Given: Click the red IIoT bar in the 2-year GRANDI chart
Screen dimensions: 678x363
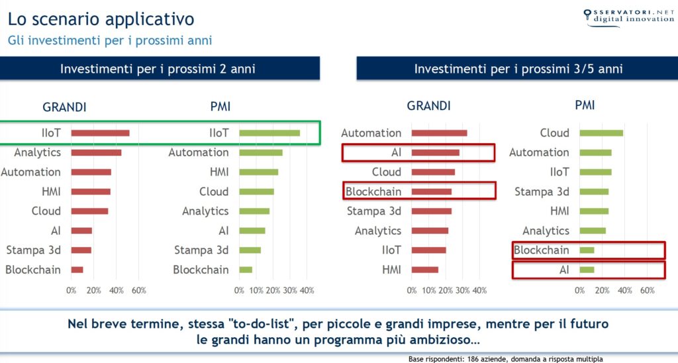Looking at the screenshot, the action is (x=101, y=133).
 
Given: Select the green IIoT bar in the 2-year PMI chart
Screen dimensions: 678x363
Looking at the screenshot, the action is (x=269, y=133).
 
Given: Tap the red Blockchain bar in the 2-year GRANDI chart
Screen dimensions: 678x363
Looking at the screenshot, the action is (x=77, y=270).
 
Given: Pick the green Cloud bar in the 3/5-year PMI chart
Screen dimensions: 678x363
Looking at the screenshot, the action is (x=601, y=133).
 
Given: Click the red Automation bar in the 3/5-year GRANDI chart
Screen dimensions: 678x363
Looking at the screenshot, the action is (x=440, y=133).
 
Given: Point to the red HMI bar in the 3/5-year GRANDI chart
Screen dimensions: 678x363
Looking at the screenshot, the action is (x=425, y=270).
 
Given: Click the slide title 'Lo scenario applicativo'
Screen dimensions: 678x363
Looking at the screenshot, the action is (x=101, y=19).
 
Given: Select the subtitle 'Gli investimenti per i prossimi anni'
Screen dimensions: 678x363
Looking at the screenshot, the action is (x=110, y=40).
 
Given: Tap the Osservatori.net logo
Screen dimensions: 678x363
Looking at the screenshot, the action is (x=628, y=17).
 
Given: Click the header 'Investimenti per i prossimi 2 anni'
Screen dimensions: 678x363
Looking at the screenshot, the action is (x=158, y=69).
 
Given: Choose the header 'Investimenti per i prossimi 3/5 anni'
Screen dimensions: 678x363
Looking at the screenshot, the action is (x=518, y=69).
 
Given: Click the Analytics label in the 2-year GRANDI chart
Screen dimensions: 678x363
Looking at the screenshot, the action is (x=37, y=153).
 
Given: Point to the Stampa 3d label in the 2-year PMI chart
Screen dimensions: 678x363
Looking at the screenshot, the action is (x=201, y=250).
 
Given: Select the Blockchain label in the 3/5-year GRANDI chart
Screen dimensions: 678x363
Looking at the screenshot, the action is (x=373, y=191).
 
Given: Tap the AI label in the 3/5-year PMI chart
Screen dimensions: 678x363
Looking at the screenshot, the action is (x=564, y=270).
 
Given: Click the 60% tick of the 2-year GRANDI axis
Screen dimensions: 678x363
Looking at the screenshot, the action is (x=139, y=290).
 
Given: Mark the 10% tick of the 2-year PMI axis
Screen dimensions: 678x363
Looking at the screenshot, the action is (x=256, y=290).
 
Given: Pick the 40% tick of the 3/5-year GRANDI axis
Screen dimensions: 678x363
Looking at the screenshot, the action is (x=479, y=290).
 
